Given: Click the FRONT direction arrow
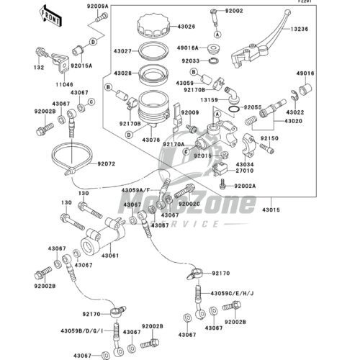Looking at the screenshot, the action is coord(51,17).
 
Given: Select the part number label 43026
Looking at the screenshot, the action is coord(186,27).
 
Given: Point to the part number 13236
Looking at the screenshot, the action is coord(300,29).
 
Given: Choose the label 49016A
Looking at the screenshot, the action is coord(188,48).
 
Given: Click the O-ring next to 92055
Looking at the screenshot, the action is coord(234,109).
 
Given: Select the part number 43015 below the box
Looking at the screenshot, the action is coord(271,210).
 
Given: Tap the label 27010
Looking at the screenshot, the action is coord(245,171).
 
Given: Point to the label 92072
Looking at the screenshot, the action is coord(107,164).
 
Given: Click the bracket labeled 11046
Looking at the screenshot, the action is coord(60,63).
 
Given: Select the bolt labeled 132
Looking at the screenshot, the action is coord(42,53).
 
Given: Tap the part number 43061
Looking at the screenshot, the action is coord(110,256).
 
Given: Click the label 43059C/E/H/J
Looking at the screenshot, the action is coord(232,294).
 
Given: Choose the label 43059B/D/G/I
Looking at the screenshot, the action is coord(82,331).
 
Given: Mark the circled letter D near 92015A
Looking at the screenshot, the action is coord(93,42).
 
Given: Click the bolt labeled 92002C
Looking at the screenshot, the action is coord(184,191).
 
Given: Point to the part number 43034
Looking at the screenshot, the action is coord(245,165).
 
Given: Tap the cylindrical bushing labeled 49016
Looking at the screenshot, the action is coord(305,89).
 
